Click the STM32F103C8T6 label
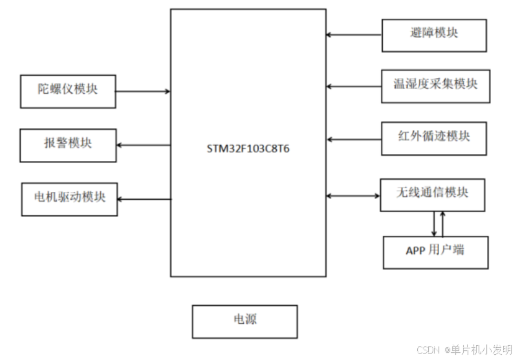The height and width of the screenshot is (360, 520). pos(248,147)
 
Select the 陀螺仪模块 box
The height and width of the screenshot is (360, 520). pos(68,90)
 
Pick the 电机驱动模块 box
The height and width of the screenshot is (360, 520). pos(69,198)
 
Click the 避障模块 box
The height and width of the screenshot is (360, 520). pos(434,35)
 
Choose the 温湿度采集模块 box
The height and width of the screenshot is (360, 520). pos(434,85)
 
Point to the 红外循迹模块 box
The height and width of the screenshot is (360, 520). pos(434,138)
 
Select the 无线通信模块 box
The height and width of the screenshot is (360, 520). pos(432,195)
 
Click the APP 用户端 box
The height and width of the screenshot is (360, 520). pos(435,252)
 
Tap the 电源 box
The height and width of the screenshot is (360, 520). pos(244,321)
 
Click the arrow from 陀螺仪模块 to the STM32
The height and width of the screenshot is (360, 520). pos(143,91)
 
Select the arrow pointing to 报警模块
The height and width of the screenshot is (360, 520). pos(143,144)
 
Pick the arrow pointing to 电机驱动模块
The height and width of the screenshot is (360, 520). pos(144,199)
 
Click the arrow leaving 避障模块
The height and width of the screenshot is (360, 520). pos(354,34)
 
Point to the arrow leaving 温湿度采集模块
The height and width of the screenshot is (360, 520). pos(354,85)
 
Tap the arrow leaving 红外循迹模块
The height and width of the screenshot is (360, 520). pos(354,138)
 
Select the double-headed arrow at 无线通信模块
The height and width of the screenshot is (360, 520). pos(353,195)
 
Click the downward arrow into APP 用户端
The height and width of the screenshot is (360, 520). pos(433,224)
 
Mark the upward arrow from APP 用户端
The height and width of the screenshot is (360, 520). pos(443,224)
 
